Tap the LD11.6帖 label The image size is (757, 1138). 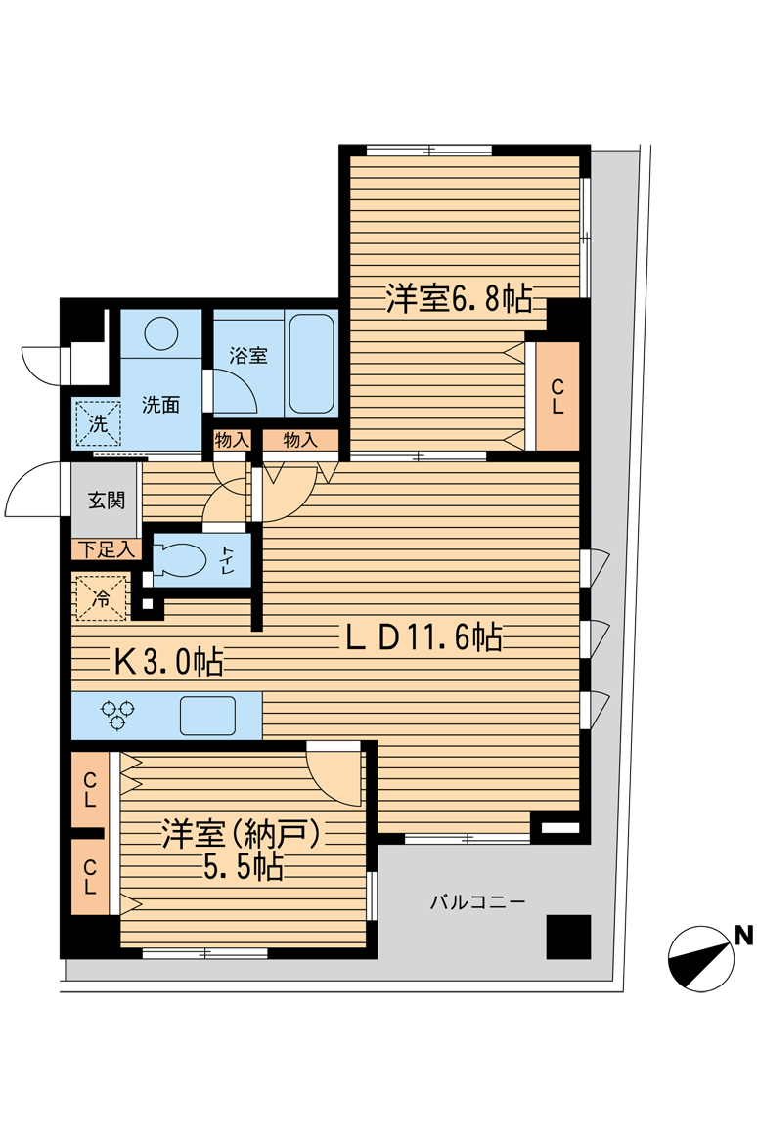tap(423, 638)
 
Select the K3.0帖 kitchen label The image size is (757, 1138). tap(168, 663)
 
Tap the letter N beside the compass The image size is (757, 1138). tap(744, 935)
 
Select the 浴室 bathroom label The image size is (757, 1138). tap(248, 356)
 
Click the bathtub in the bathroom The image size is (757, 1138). tap(312, 363)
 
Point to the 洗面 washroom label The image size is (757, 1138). tap(160, 405)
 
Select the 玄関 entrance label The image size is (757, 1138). tap(107, 501)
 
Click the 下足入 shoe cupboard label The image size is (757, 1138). tap(107, 550)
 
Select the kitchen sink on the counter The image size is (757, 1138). tap(207, 716)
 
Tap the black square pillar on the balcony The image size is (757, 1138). tap(568, 938)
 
